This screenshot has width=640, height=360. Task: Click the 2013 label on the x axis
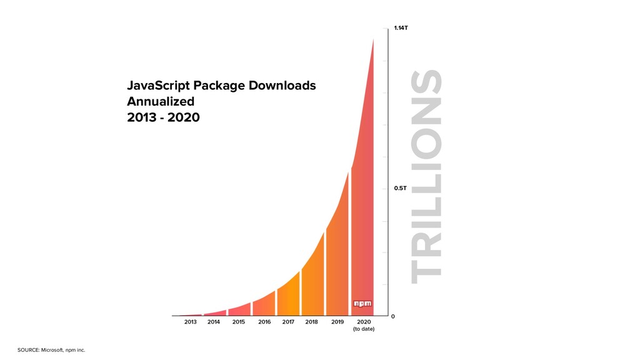point(191,322)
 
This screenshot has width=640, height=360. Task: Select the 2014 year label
point(214,322)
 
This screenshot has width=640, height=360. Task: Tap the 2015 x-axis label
point(238,322)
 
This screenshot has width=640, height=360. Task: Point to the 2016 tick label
point(264,322)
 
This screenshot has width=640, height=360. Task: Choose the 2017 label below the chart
point(288,322)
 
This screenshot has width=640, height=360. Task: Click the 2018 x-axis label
point(312,322)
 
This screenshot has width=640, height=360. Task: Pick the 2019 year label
point(337,322)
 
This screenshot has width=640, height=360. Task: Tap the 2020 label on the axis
point(364,322)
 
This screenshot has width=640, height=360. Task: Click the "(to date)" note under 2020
point(364,329)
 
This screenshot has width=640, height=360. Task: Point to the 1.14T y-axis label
point(401,28)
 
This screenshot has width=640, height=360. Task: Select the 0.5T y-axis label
point(400,188)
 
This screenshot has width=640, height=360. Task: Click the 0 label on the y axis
point(393,316)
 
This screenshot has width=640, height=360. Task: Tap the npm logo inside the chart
point(362,304)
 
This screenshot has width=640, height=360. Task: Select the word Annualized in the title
point(161,101)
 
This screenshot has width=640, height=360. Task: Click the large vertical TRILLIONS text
point(427,177)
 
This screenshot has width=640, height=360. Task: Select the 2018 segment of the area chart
point(312,281)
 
